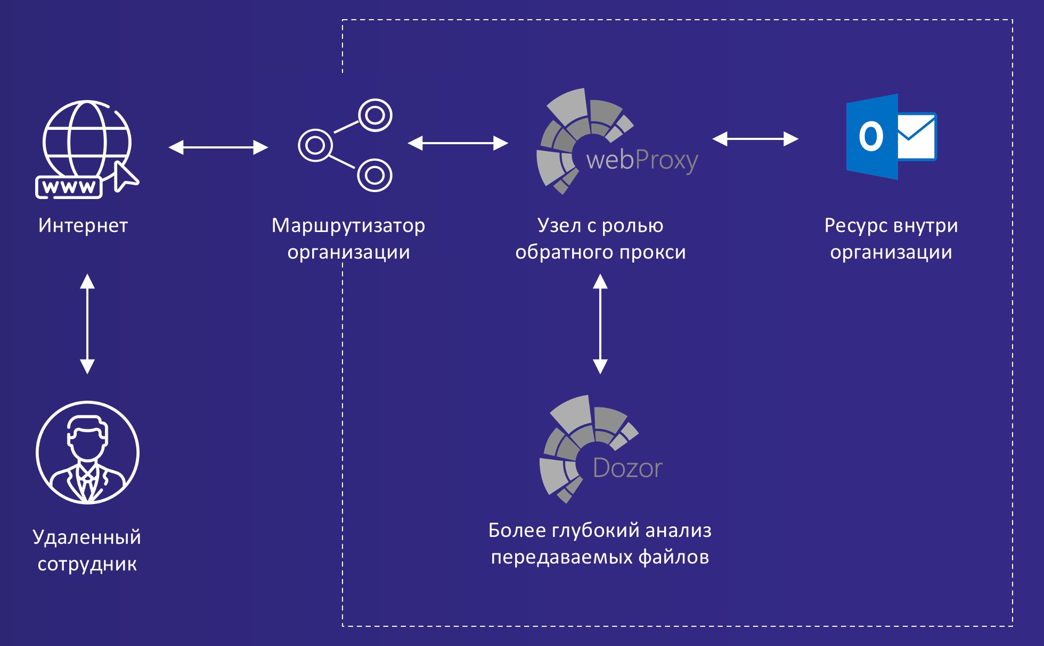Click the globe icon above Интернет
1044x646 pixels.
(87, 138)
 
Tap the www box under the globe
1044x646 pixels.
(69, 187)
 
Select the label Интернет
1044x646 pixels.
(83, 226)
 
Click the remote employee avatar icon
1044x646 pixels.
(87, 452)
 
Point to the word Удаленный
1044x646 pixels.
(87, 537)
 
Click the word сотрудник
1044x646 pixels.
(87, 564)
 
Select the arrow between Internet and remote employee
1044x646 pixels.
(87, 324)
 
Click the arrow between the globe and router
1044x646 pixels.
(218, 147)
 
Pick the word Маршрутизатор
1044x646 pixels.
(348, 226)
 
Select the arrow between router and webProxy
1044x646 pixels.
(458, 143)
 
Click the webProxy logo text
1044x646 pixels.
(642, 160)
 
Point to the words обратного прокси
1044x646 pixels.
(600, 252)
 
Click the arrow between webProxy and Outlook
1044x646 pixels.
(755, 139)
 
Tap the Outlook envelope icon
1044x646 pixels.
(916, 136)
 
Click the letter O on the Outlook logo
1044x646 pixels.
(871, 137)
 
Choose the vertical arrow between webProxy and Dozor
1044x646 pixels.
(600, 324)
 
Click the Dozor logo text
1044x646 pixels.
(627, 468)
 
